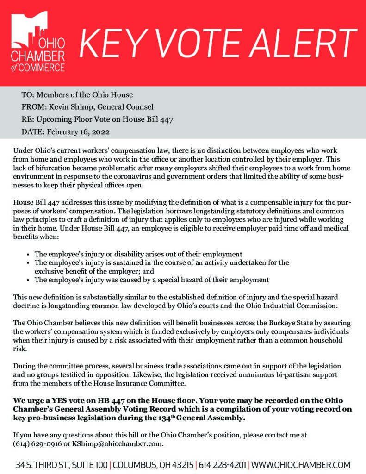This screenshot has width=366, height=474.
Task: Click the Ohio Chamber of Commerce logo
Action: (x=38, y=43)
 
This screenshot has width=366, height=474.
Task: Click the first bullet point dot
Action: (x=29, y=255)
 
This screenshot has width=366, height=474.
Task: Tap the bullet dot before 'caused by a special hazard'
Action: (x=29, y=280)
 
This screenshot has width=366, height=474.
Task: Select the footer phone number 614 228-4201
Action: (x=222, y=464)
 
